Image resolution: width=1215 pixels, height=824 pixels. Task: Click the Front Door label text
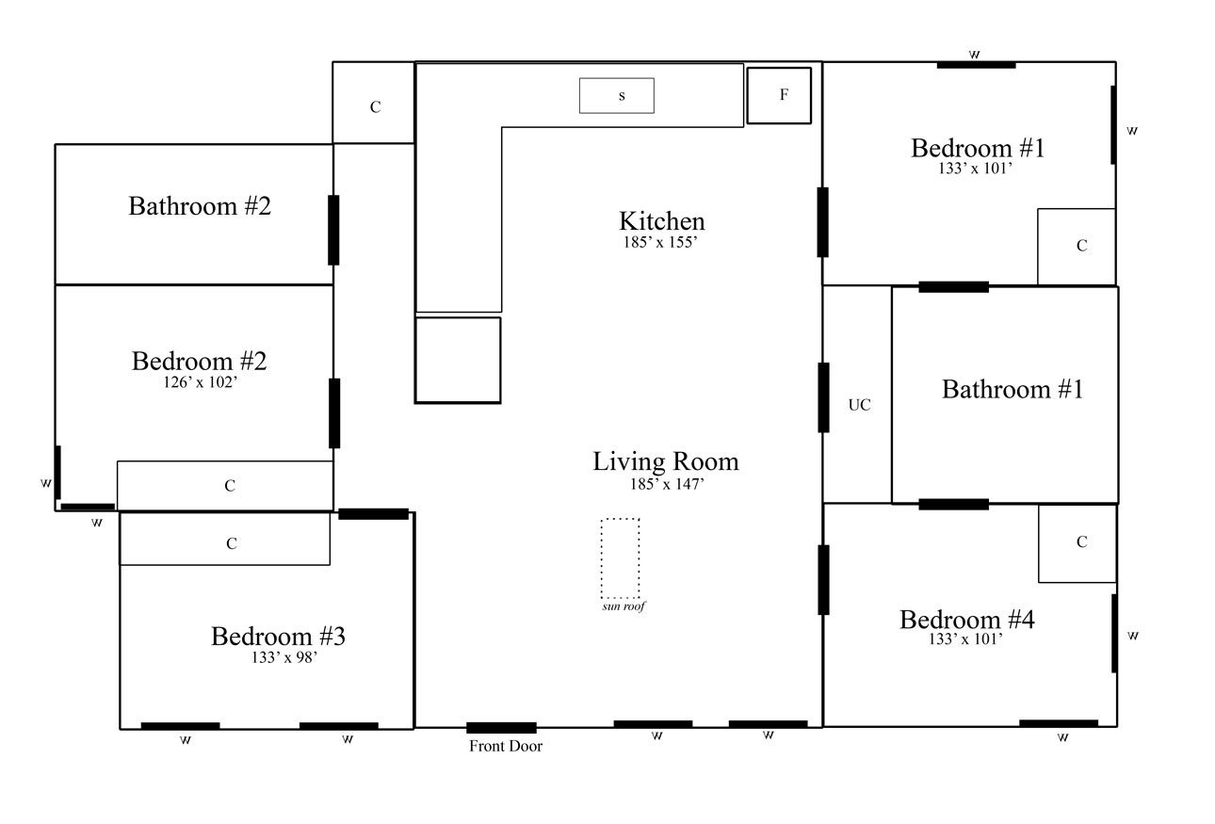[x=506, y=747]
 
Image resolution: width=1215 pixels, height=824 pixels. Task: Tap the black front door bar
[x=502, y=728]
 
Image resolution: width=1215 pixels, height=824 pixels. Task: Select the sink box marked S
[x=617, y=95]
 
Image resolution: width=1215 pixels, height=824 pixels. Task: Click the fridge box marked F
[x=779, y=95]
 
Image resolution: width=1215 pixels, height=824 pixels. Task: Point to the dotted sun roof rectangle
[x=620, y=558]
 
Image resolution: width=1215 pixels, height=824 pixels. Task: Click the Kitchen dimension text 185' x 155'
[x=660, y=242]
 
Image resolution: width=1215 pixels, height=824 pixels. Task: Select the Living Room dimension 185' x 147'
[x=667, y=483]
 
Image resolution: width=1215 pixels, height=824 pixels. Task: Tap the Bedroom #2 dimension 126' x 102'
[x=201, y=382]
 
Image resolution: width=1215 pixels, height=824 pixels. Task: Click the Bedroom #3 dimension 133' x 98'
[x=284, y=657]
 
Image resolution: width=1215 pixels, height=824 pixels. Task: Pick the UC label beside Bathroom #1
[x=860, y=405]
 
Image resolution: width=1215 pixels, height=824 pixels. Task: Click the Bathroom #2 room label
[x=200, y=206]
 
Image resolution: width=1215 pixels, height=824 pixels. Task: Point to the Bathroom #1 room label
[x=1012, y=390]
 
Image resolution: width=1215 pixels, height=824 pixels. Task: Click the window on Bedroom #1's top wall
[x=977, y=65]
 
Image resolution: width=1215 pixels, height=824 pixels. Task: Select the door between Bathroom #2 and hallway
[x=333, y=230]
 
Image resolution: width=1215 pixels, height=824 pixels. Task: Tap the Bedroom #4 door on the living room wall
[x=823, y=580]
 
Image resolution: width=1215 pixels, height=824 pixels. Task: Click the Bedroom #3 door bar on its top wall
[x=374, y=514]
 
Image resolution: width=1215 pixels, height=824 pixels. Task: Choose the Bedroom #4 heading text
[x=967, y=620]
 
